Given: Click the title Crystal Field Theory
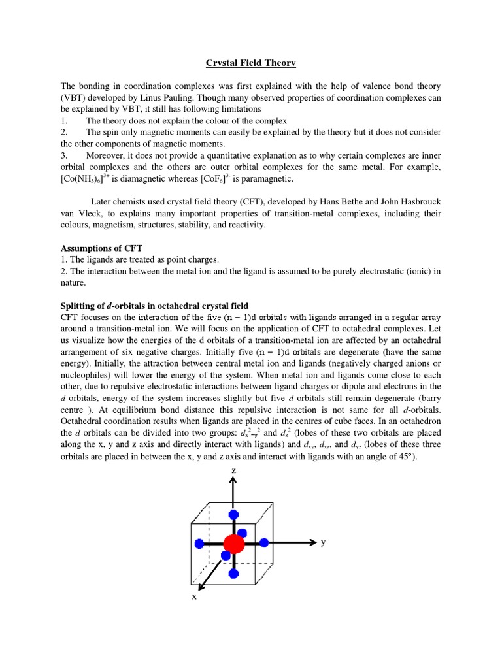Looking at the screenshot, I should [x=251, y=63].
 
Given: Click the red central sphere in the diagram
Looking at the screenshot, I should [x=233, y=543].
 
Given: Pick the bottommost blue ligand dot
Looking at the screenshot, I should [x=233, y=574].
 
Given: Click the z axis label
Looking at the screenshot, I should [x=233, y=470].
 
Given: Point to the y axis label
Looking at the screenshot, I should [x=322, y=542].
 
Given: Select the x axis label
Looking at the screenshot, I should [x=194, y=596].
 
